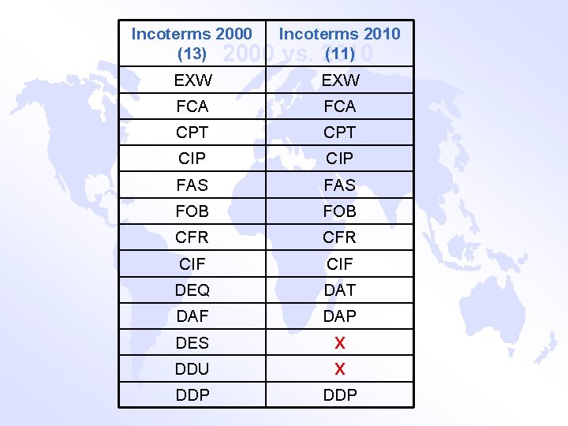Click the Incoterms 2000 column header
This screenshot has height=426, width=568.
click(192, 34)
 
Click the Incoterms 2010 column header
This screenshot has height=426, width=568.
click(340, 34)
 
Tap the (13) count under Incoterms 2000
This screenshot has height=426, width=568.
click(192, 54)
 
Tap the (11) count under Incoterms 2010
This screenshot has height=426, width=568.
click(340, 54)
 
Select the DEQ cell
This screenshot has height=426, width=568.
click(192, 290)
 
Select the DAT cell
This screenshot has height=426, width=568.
click(340, 290)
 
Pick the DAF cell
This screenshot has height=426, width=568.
click(192, 316)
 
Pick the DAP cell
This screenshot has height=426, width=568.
click(340, 316)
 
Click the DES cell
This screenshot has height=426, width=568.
click(192, 343)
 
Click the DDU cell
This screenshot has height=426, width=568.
click(192, 369)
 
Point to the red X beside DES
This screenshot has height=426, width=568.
click(340, 343)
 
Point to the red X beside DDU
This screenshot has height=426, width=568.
click(340, 369)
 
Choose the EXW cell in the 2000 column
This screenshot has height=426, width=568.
click(192, 80)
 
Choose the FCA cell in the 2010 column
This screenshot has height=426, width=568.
click(340, 106)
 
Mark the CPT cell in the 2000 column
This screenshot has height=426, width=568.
click(192, 132)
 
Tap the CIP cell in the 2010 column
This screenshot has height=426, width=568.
click(340, 159)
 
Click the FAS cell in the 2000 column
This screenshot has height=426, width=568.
click(192, 185)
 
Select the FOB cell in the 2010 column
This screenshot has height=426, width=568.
click(340, 211)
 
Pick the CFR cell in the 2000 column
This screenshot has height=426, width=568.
click(192, 237)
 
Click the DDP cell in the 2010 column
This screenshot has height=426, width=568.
click(340, 395)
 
